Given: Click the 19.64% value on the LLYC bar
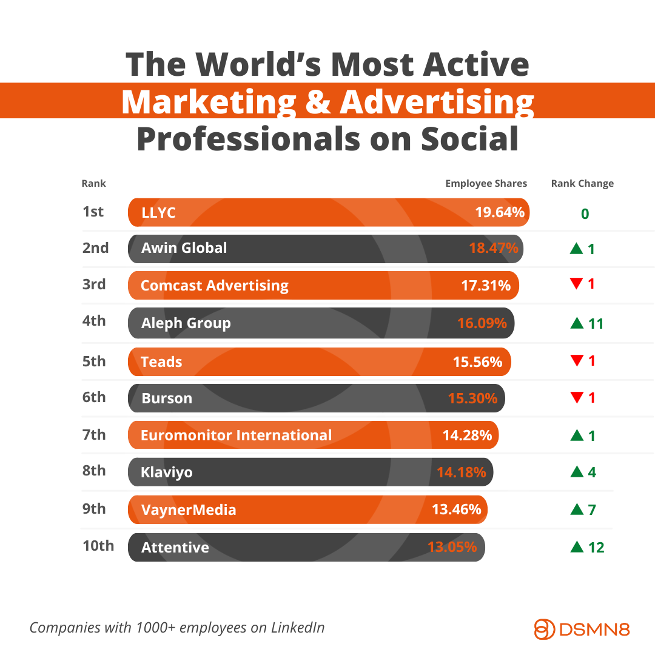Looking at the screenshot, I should tap(499, 213).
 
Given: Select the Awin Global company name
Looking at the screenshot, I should tap(184, 248).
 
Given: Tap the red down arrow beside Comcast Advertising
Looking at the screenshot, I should tap(576, 283).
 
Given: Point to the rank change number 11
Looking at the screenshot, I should tap(596, 324).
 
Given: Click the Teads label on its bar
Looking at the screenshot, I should tap(161, 362).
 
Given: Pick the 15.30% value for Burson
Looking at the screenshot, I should tap(472, 398).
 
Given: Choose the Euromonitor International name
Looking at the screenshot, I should tap(236, 435).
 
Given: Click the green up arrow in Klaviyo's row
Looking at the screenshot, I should tap(577, 472).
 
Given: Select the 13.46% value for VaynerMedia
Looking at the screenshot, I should tap(456, 509).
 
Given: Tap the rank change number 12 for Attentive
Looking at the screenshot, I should tap(596, 548).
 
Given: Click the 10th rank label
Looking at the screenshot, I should tap(98, 546).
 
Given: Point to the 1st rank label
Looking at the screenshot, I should tap(93, 212).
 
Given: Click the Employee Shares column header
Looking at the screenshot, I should tap(486, 184).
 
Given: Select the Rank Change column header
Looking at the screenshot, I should tap(582, 184).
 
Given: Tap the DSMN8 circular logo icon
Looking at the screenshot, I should tap(545, 629).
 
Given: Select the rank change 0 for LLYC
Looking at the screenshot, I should tap(585, 214).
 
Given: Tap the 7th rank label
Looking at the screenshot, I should tap(94, 434).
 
